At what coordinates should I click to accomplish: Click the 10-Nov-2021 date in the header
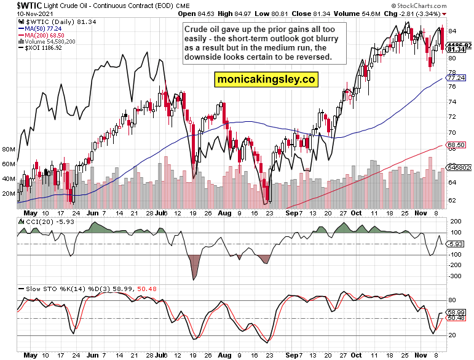20,13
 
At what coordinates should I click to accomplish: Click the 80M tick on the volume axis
9,150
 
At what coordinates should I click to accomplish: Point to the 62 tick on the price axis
451,201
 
